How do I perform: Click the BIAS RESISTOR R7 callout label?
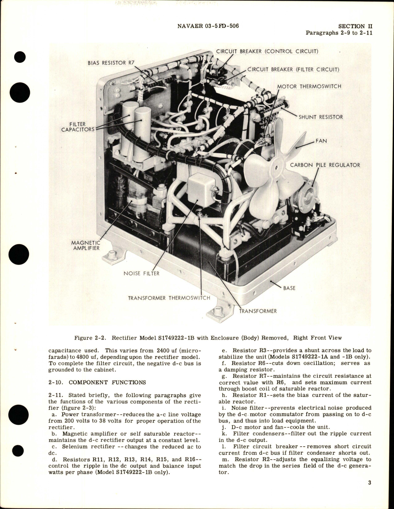tap(111, 63)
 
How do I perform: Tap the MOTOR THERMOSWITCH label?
tap(309, 86)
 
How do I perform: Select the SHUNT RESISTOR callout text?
tap(321, 117)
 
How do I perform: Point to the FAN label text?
tap(321, 141)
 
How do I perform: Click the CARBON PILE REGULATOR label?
tap(325, 165)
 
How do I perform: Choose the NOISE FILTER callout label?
tap(141, 273)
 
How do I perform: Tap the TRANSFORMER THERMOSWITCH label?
tap(169, 298)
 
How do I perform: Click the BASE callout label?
tap(289, 288)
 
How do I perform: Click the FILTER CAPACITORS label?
tap(77, 127)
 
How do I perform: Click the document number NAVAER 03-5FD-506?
tap(208, 26)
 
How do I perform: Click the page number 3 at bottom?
tap(369, 491)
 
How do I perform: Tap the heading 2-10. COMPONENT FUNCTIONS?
tap(97, 382)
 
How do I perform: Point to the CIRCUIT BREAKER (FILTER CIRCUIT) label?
tap(293, 69)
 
